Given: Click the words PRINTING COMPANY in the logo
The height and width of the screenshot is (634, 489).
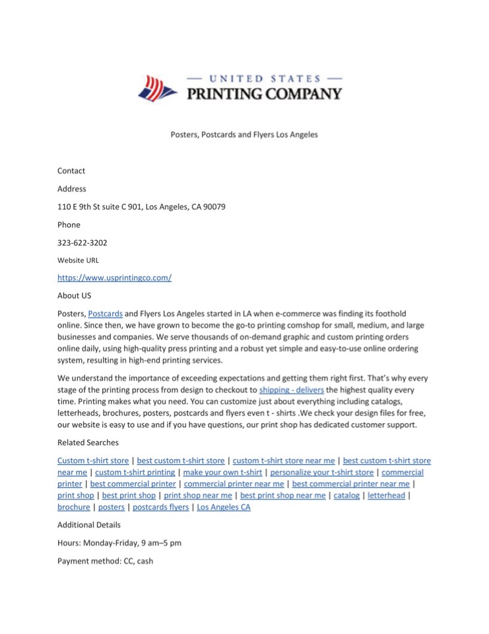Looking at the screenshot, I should click(x=265, y=94).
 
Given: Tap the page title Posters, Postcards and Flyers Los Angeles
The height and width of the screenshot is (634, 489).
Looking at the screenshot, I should click(x=244, y=134).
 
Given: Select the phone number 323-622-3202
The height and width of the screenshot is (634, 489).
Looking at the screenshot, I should click(x=82, y=242).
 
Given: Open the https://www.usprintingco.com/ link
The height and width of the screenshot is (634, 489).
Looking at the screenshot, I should click(x=114, y=278).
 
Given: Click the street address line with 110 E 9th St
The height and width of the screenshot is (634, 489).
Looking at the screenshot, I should click(x=141, y=207).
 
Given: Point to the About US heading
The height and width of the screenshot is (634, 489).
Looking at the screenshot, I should click(x=74, y=296).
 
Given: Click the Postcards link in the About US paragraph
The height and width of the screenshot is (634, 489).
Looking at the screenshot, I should click(x=105, y=314).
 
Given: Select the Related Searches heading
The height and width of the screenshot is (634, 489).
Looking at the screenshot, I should click(x=88, y=442).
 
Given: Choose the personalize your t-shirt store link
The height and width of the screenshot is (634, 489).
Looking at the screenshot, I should click(x=322, y=472).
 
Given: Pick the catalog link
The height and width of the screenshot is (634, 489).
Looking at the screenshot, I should click(x=346, y=495).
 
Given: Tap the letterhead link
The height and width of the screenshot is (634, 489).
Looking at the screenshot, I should click(x=386, y=495).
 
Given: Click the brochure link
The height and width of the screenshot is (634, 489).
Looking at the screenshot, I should click(x=74, y=507).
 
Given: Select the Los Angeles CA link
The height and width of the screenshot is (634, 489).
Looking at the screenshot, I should click(x=224, y=507).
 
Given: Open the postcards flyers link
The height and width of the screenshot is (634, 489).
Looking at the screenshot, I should click(x=160, y=507).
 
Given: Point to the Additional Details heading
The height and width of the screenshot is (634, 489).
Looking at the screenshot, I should click(x=89, y=525).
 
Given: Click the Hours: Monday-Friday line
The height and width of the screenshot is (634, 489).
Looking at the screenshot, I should click(x=119, y=543).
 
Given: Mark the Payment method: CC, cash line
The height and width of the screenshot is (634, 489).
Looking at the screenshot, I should click(x=105, y=561).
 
